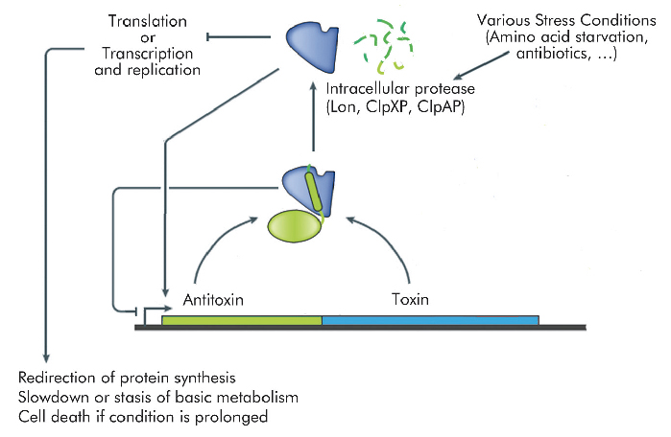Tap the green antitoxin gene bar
pyautogui.click(x=241, y=319)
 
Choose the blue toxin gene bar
pyautogui.click(x=430, y=319)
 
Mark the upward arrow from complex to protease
pyautogui.click(x=313, y=119)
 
